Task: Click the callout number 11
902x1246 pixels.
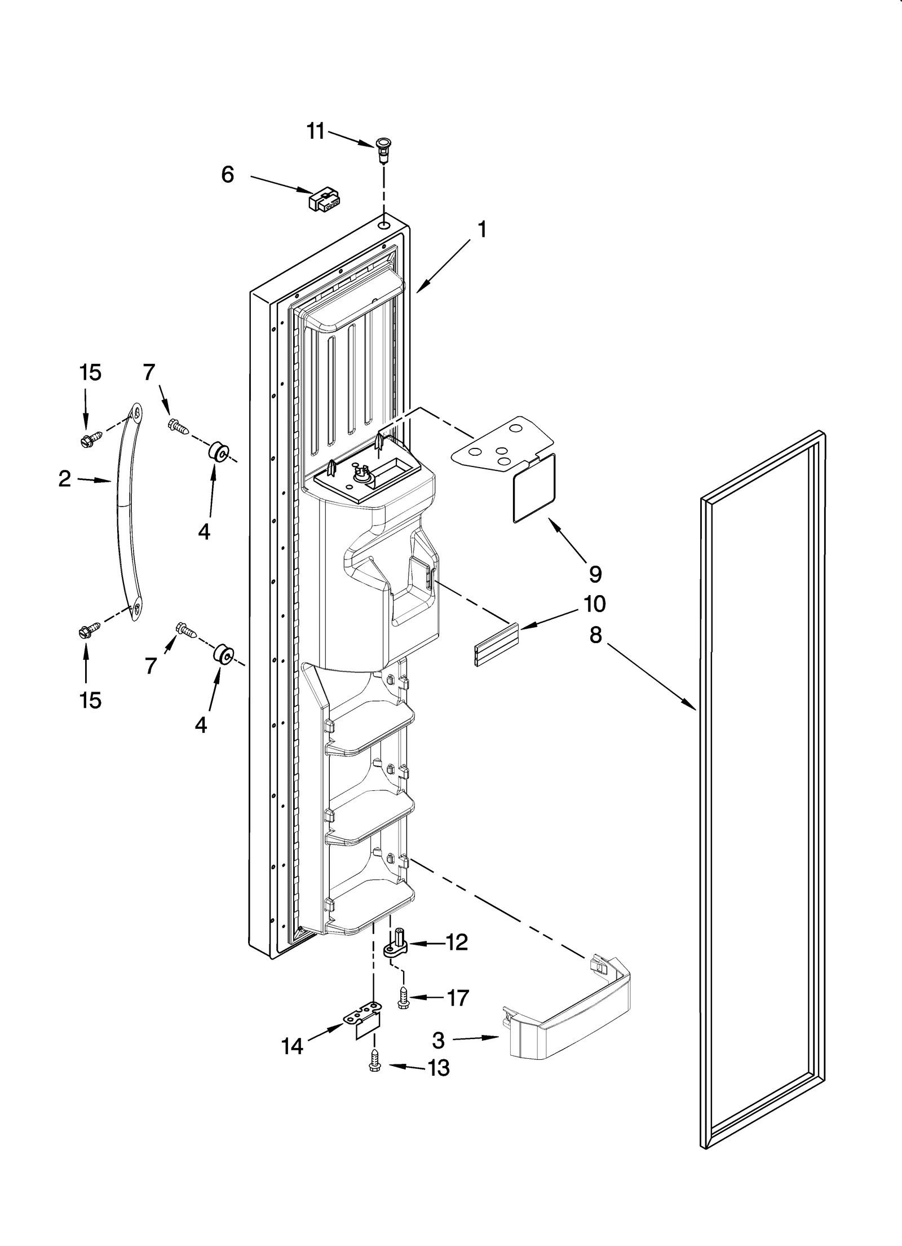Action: pyautogui.click(x=316, y=131)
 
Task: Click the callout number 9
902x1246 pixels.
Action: pyautogui.click(x=595, y=574)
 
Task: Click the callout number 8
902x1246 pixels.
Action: pyautogui.click(x=596, y=636)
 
